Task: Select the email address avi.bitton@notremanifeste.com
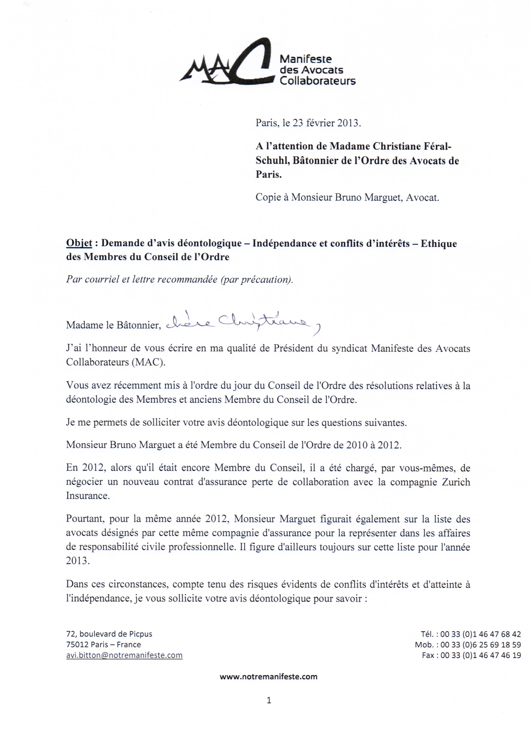click(x=124, y=655)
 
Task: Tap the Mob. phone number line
click(x=468, y=645)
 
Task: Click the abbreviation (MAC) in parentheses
click(x=148, y=362)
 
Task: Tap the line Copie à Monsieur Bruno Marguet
click(x=347, y=197)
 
